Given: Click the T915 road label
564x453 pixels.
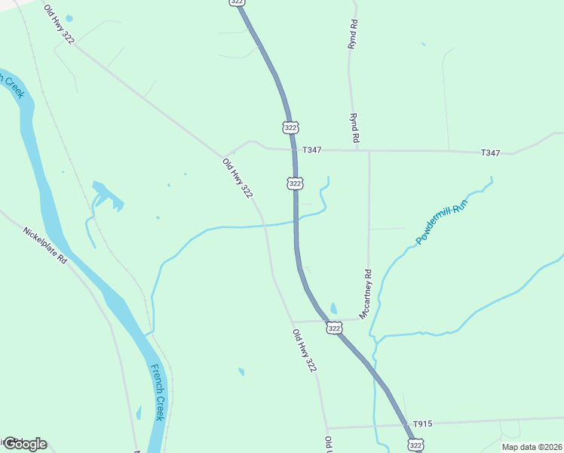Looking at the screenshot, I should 422,424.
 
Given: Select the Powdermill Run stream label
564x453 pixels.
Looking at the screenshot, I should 443,221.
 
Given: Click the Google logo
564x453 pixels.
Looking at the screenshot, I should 24,444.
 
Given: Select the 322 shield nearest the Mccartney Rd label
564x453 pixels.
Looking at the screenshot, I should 334,328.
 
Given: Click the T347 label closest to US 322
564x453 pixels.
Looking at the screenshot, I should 312,150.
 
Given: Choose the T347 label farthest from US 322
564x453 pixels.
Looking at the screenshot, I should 490,153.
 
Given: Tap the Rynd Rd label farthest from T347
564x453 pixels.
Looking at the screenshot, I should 352,35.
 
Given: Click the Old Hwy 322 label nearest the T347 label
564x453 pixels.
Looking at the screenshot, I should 237,178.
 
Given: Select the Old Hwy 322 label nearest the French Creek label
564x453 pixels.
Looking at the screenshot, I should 304,350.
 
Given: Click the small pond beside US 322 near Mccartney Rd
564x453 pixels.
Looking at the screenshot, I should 333,308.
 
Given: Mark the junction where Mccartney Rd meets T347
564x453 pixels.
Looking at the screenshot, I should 369,151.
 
